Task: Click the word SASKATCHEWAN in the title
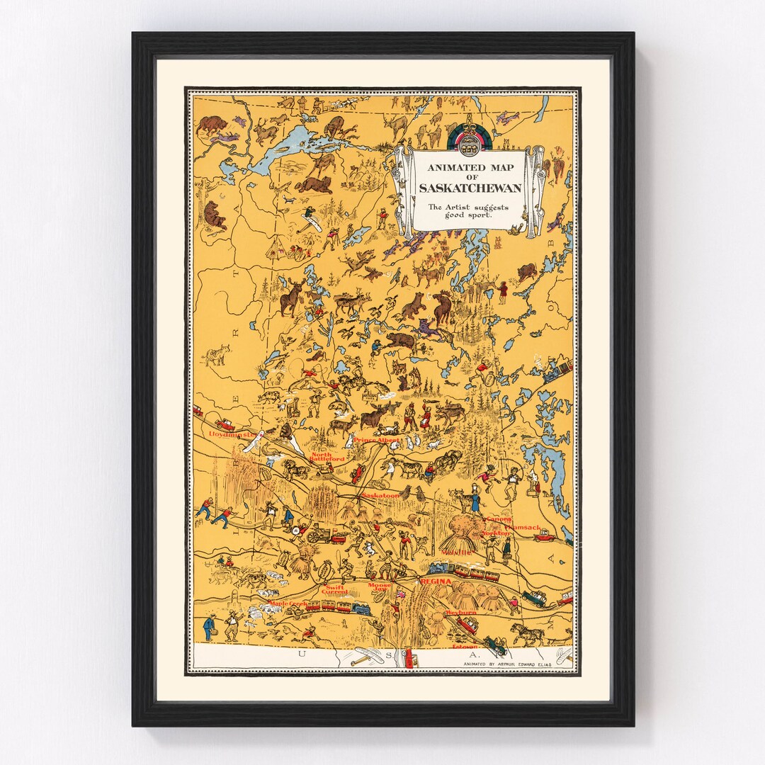pyautogui.click(x=470, y=188)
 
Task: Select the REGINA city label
pyautogui.click(x=436, y=581)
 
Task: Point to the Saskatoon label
pyautogui.click(x=380, y=497)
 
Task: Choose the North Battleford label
pyautogui.click(x=327, y=457)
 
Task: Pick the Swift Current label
pyautogui.click(x=334, y=589)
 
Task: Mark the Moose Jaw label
pyautogui.click(x=379, y=588)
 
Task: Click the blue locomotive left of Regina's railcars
pyautogui.click(x=439, y=568)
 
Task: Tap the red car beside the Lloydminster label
pyautogui.click(x=225, y=424)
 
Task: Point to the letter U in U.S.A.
pyautogui.click(x=302, y=654)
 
